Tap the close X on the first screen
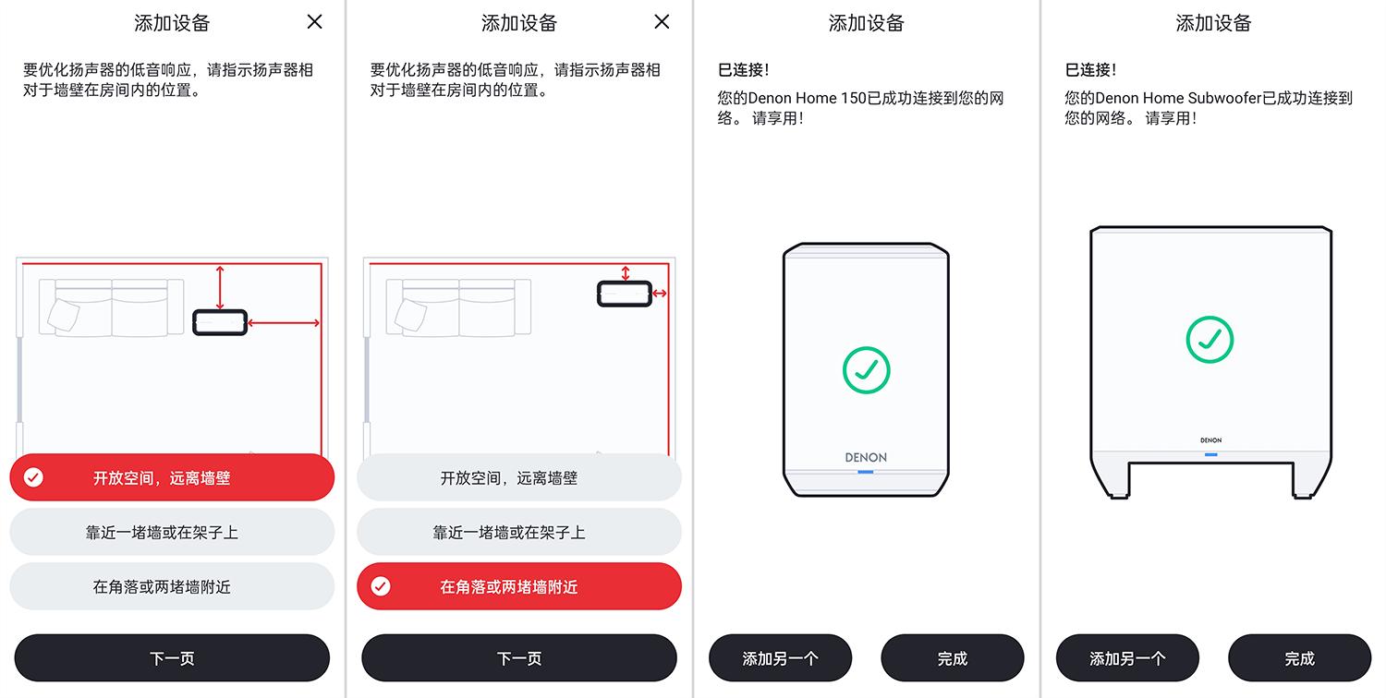(x=315, y=22)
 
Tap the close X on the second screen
(x=662, y=22)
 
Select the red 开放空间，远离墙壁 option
(x=172, y=477)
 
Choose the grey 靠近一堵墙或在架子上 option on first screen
(x=172, y=532)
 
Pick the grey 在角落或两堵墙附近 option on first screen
(x=172, y=586)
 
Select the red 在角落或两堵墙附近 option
(x=519, y=586)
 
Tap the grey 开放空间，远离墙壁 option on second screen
(x=519, y=477)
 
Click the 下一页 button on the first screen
(x=172, y=658)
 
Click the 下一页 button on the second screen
(x=519, y=658)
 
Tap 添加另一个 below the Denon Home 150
(x=780, y=658)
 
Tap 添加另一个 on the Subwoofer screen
(x=1127, y=658)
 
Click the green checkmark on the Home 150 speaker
(x=866, y=370)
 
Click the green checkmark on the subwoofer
(x=1210, y=340)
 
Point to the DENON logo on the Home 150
(x=866, y=457)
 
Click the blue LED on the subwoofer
(x=1210, y=454)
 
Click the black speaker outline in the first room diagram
(x=220, y=322)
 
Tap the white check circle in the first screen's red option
(x=33, y=477)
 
